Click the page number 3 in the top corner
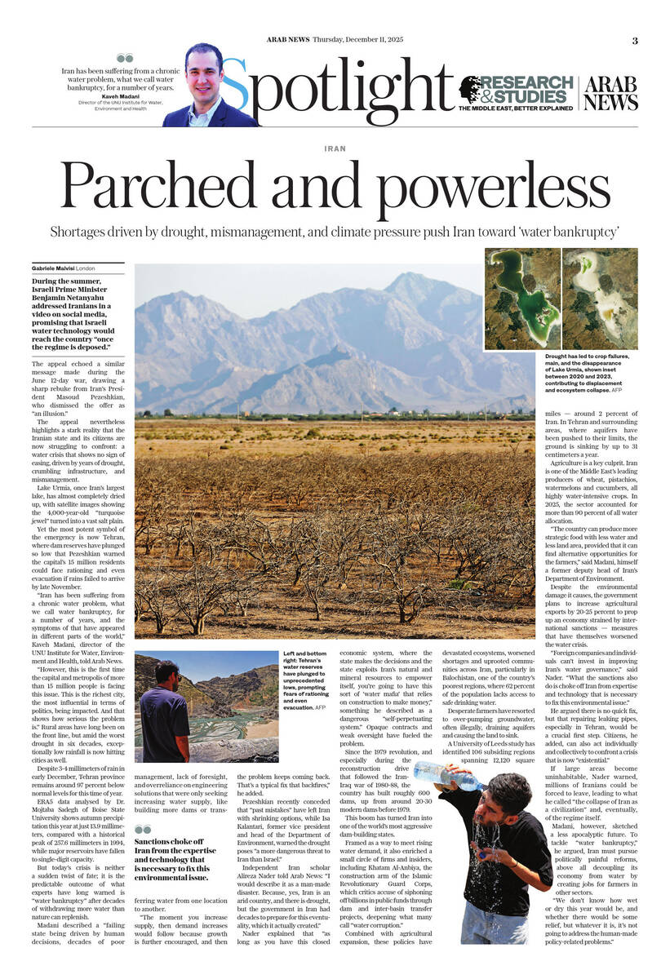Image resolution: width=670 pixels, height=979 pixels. (635, 40)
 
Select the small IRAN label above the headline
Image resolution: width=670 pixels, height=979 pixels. (335, 149)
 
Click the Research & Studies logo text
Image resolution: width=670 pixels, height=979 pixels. (526, 89)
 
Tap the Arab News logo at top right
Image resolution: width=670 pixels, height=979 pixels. (610, 93)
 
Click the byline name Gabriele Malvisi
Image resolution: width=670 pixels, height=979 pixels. (54, 268)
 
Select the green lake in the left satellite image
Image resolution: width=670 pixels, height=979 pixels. (513, 286)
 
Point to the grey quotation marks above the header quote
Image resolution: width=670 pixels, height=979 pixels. (124, 58)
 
